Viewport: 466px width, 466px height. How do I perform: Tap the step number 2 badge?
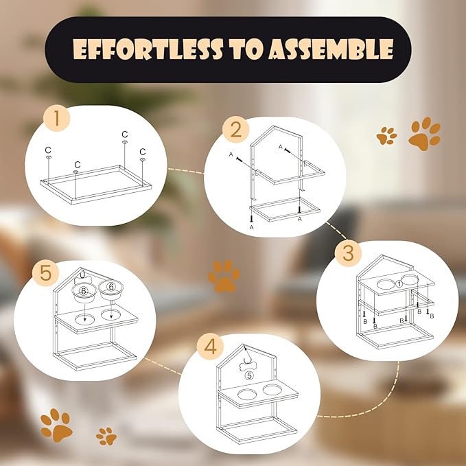(235, 129)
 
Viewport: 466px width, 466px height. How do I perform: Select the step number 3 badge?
(348, 252)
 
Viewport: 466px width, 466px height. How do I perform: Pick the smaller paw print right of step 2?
(386, 135)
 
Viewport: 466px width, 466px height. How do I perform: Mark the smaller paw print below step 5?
(106, 436)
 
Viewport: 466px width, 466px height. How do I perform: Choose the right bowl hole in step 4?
(272, 391)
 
